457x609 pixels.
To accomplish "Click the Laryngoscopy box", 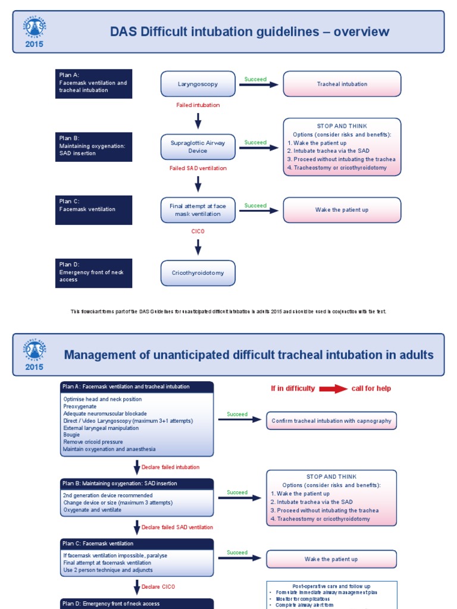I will click(x=198, y=84).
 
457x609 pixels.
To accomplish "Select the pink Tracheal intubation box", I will click(x=342, y=84).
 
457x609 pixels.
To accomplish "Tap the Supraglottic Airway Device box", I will click(x=198, y=147).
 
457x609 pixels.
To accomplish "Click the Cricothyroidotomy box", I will click(x=198, y=273).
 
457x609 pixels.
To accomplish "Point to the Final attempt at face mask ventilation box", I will click(x=198, y=210).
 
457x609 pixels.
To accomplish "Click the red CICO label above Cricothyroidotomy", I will click(x=198, y=231).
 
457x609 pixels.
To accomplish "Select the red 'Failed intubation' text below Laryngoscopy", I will click(x=198, y=105).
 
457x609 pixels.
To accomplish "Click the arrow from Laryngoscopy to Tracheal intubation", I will click(x=259, y=84).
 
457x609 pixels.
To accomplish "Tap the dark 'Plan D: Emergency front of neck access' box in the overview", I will click(x=95, y=272).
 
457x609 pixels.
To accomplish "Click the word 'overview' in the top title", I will click(x=361, y=32).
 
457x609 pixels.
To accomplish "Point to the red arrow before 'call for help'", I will click(x=333, y=389).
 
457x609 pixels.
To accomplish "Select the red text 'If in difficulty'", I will click(x=293, y=389).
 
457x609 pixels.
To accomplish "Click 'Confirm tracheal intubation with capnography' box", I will click(x=331, y=421).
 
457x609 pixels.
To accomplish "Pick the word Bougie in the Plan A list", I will click(x=71, y=435).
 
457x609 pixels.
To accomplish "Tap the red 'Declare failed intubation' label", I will click(x=170, y=467).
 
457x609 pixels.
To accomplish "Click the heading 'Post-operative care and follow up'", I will click(x=331, y=586).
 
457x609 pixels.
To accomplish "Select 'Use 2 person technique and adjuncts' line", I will click(x=108, y=570).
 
